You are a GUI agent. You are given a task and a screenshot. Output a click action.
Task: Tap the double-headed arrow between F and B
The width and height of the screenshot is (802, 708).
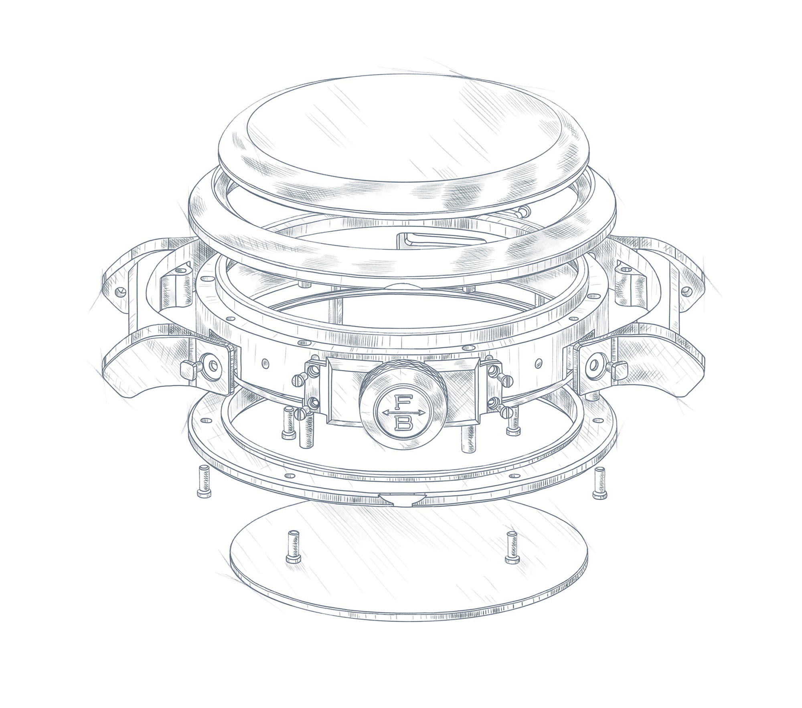pos(400,413)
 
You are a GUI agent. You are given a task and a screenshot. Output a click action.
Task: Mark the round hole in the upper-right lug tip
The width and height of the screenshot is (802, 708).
pos(687,289)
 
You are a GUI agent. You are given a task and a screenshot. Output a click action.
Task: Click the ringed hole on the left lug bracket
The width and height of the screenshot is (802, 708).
pos(213,364)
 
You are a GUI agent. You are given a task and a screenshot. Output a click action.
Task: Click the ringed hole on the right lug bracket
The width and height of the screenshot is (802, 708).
pos(593,363)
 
